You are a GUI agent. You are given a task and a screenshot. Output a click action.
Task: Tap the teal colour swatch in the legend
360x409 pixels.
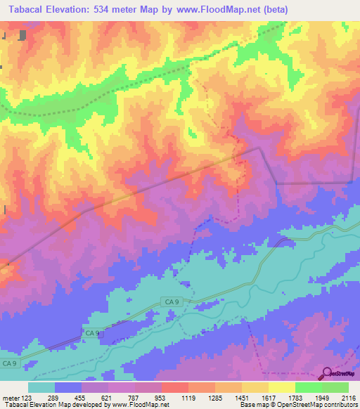(x=41, y=387)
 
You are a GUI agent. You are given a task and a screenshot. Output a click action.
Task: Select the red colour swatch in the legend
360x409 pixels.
(x=174, y=387)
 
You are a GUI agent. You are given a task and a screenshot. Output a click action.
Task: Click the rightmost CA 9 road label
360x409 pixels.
(x=172, y=301)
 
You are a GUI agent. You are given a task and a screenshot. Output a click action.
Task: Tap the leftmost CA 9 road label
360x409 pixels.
(x=9, y=363)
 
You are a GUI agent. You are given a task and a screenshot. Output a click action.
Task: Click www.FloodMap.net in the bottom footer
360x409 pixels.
(x=137, y=405)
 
